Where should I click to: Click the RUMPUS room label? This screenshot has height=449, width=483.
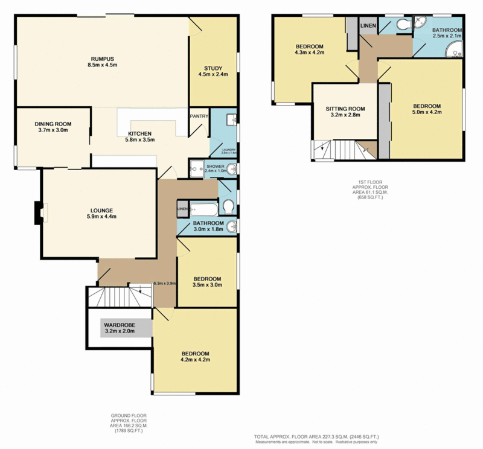(101, 59)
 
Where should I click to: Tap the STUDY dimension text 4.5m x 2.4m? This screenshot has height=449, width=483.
(213, 75)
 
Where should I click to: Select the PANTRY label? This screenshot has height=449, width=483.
(199, 116)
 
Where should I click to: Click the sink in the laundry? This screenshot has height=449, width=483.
(232, 120)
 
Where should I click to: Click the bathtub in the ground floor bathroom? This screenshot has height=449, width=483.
(205, 209)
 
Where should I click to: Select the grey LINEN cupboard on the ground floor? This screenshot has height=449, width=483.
(183, 209)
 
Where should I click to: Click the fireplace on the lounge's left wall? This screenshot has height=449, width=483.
(40, 212)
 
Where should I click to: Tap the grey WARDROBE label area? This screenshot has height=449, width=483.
(118, 328)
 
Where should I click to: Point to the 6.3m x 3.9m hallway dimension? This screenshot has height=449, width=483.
(164, 283)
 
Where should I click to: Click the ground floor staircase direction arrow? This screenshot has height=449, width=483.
(139, 291)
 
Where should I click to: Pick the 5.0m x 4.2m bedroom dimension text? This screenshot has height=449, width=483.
(427, 112)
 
